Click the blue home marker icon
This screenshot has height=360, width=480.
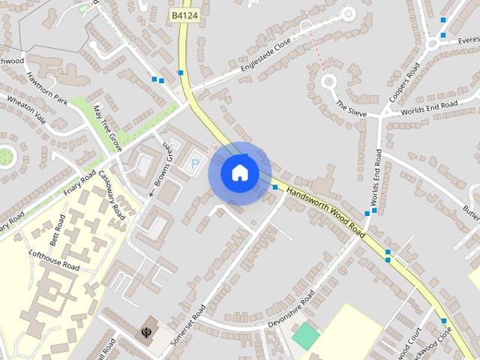[x=239, y=173]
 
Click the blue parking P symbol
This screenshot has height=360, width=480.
[x=196, y=163]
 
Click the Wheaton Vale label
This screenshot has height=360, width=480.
[x=26, y=110]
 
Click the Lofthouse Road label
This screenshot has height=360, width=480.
[x=55, y=260]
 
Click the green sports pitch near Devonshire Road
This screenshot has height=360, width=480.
[x=305, y=335]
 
